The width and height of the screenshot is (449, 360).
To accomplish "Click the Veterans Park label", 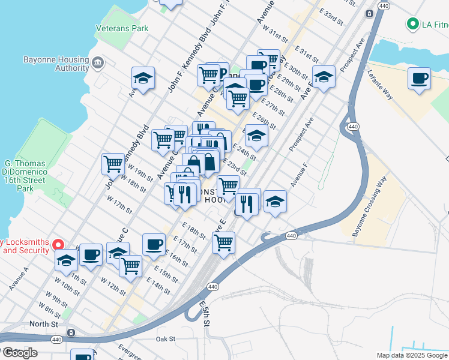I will (x=122, y=28).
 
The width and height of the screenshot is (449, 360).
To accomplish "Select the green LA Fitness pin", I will (x=412, y=25).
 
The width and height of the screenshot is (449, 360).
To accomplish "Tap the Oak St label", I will (x=165, y=339).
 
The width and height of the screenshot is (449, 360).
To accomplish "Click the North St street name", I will (x=45, y=324).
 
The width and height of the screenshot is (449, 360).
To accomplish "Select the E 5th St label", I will (x=204, y=314).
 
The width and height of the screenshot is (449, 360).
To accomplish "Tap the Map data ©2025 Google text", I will (x=412, y=355).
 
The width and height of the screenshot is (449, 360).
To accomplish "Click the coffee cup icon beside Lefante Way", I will (x=419, y=79).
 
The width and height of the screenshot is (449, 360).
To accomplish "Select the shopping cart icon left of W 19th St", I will (x=113, y=163).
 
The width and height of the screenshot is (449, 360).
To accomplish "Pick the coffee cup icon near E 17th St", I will (x=154, y=244).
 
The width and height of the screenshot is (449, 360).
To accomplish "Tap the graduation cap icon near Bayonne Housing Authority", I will (x=143, y=78).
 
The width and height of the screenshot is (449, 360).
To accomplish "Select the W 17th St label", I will (x=119, y=205).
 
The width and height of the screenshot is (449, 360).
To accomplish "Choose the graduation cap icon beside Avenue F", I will (x=275, y=202).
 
